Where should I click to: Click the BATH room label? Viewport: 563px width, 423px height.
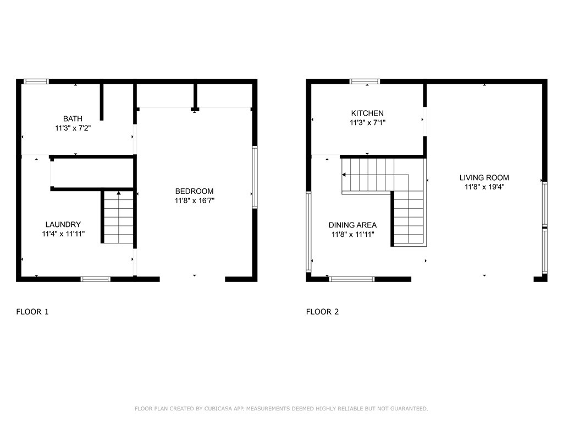(73, 118)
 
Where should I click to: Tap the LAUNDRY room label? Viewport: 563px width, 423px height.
(63, 224)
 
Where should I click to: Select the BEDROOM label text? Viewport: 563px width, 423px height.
(194, 191)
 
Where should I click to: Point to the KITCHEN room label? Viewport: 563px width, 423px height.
(367, 113)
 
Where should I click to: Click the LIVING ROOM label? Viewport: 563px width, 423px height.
(484, 177)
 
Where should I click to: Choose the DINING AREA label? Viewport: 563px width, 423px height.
(352, 225)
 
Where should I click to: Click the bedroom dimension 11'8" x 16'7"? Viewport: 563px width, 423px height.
(194, 201)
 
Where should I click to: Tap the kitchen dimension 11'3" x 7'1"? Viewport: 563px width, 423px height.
(367, 123)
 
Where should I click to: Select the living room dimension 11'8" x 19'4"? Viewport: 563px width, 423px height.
(484, 187)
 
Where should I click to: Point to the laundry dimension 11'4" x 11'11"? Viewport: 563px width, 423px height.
(63, 234)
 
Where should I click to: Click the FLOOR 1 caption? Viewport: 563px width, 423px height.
(32, 312)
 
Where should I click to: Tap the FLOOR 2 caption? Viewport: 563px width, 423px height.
(322, 312)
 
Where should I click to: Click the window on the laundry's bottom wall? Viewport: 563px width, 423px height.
(96, 279)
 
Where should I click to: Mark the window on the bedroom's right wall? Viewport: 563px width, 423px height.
(255, 177)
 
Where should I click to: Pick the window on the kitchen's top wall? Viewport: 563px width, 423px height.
(365, 82)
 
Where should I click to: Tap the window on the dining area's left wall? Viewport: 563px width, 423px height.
(308, 231)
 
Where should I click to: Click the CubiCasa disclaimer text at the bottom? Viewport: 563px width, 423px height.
(281, 409)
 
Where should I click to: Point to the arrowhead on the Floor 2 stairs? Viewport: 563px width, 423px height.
(344, 175)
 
